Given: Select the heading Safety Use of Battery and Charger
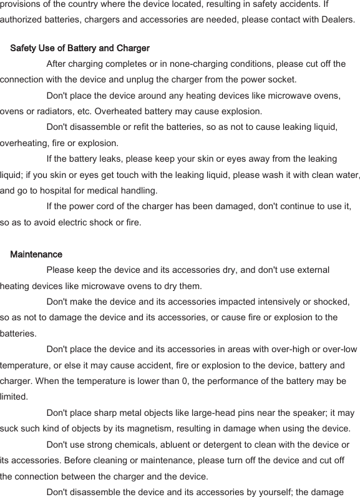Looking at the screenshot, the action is pyautogui.click(x=80, y=48).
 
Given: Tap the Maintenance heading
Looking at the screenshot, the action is pyautogui.click(x=36, y=254).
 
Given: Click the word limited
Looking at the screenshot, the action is pyautogui.click(x=14, y=396).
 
